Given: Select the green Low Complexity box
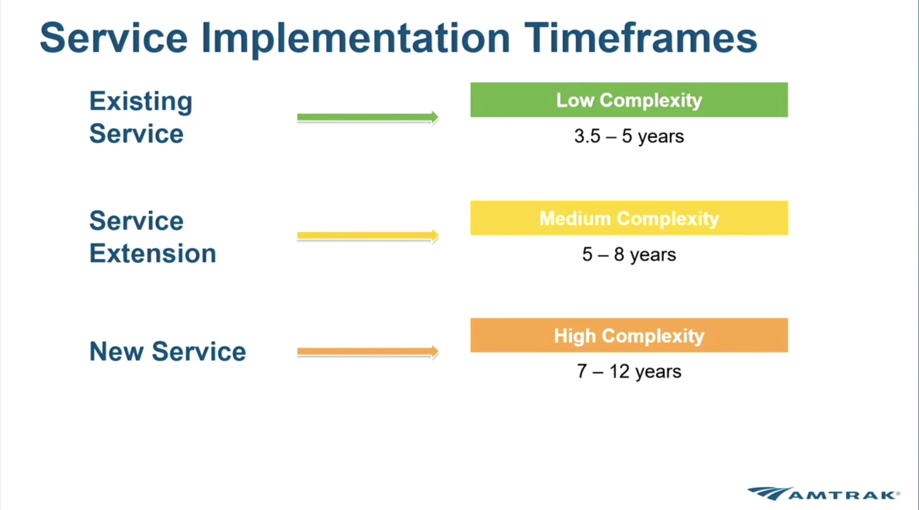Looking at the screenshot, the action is pos(629,100).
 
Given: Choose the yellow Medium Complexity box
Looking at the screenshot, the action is pos(629,218).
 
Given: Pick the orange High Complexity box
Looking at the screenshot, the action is pos(629,335).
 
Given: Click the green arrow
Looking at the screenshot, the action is pos(368,117).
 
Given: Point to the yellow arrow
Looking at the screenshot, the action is pos(368,236).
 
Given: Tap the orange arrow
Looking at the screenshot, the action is pos(368,352).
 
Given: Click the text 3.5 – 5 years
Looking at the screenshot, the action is pos(629,137).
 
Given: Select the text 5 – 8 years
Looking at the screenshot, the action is pos(629,254).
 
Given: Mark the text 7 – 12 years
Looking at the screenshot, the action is pos(629,371).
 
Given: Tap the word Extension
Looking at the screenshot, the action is pos(153,253).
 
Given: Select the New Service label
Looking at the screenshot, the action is pos(168,352).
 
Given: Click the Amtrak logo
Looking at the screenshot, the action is pos(824,494).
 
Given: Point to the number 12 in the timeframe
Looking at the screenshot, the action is pos(620,371).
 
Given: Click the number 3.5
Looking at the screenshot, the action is pos(587,137).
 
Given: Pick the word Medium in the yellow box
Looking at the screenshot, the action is pos(575,218).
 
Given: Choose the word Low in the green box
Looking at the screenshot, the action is pos(575,100).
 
